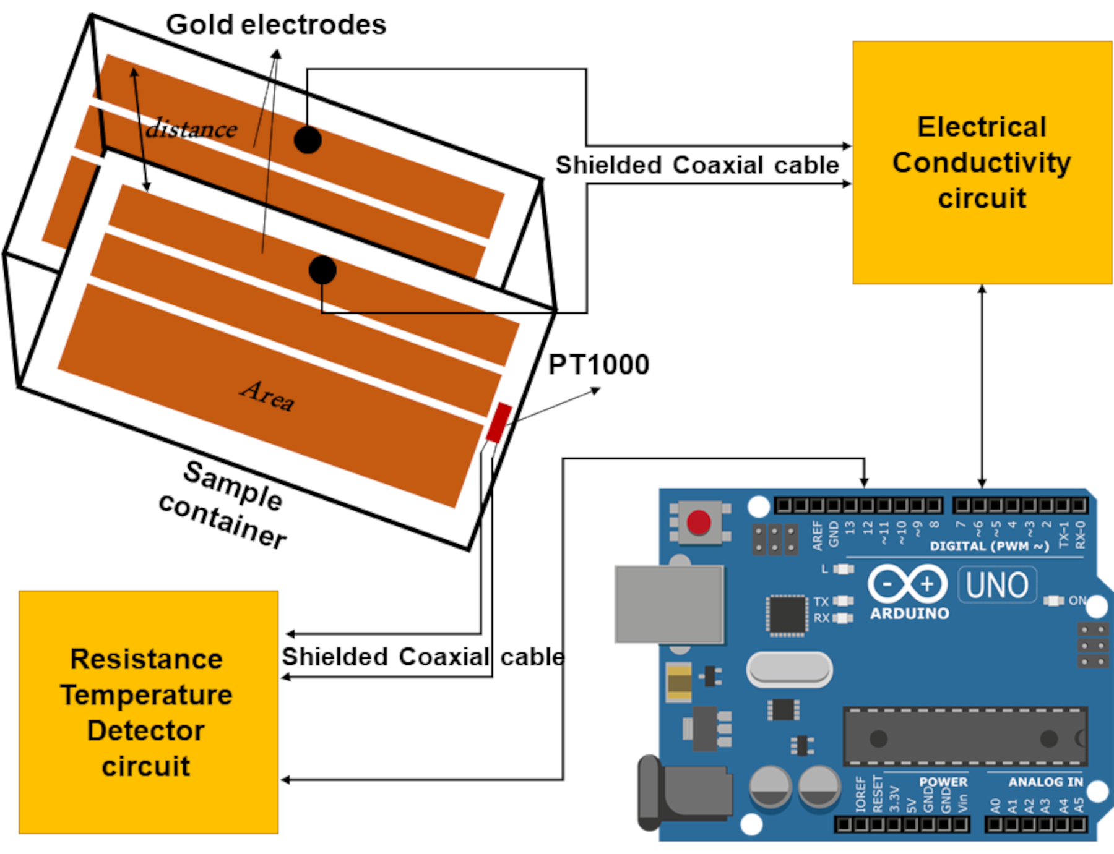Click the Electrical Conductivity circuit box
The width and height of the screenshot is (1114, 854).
click(x=982, y=163)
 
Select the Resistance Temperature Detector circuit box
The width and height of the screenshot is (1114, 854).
click(x=148, y=712)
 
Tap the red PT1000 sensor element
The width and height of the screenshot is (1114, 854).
click(x=499, y=422)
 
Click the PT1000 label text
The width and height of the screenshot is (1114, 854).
click(x=598, y=364)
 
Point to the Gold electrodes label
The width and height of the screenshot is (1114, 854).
click(x=276, y=25)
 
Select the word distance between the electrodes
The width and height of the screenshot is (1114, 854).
click(x=191, y=129)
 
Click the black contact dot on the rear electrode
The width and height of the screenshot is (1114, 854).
click(x=308, y=140)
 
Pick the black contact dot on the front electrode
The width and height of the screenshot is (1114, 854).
click(x=322, y=270)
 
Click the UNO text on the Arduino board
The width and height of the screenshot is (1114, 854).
click(x=997, y=585)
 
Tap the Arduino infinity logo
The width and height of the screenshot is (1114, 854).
click(x=907, y=584)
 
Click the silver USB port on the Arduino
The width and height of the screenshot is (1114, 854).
click(x=669, y=604)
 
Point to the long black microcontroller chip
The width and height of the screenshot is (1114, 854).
click(x=964, y=737)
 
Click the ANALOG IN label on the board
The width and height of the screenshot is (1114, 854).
click(x=1045, y=782)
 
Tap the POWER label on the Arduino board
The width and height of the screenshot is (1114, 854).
click(x=943, y=782)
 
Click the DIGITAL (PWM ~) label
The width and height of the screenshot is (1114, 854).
click(x=989, y=546)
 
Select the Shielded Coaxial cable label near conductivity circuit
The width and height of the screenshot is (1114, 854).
click(x=697, y=165)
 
